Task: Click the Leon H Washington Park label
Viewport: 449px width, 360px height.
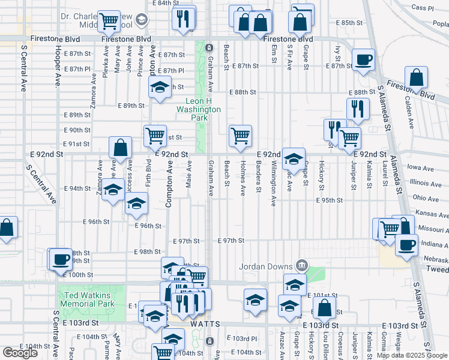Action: coord(199,110)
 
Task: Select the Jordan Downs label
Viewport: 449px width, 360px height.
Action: coord(265,266)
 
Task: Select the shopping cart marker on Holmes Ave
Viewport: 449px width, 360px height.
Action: coord(240,135)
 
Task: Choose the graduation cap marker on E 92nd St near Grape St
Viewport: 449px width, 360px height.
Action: coord(294,159)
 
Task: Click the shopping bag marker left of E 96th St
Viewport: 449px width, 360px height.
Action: coord(6,228)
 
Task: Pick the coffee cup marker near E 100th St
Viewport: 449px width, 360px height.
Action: coord(60,259)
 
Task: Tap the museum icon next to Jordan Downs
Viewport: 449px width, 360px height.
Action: coord(302,266)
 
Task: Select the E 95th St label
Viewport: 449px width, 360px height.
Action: coord(330,200)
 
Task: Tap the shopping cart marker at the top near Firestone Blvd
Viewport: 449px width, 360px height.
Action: coord(109,22)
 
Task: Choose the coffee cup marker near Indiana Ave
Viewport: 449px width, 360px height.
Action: coord(406,244)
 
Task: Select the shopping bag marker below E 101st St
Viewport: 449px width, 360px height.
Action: coord(324,308)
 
